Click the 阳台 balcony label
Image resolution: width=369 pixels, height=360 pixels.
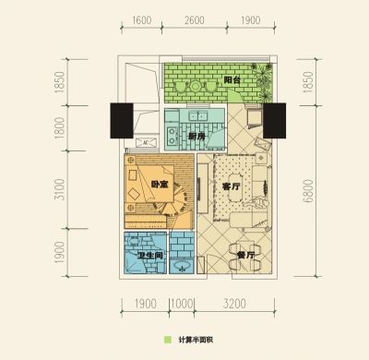(232, 80)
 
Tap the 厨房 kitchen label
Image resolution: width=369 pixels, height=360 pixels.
(196, 137)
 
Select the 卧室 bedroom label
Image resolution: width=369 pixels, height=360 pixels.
(160, 185)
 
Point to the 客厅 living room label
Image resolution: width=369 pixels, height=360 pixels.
(232, 186)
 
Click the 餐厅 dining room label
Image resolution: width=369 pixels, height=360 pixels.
(246, 255)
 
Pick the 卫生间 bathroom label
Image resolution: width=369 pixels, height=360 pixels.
(149, 255)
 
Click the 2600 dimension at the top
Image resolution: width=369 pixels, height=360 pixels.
(195, 20)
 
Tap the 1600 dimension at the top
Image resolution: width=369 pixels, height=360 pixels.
(142, 20)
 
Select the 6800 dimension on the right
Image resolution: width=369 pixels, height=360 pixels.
(308, 191)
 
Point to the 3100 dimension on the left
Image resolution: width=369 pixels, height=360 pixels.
(60, 189)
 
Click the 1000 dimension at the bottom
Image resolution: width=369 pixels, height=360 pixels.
(182, 304)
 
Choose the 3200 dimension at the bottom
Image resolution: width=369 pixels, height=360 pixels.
(234, 304)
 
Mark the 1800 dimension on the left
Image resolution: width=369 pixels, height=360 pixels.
(60, 128)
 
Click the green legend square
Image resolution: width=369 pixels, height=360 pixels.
(168, 340)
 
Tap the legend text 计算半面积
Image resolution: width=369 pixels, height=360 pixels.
(196, 340)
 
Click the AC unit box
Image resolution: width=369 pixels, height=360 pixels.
(146, 142)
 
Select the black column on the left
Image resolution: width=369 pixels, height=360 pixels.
(122, 121)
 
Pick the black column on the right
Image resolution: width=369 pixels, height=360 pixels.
(275, 121)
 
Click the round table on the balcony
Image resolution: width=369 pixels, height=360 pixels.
(196, 87)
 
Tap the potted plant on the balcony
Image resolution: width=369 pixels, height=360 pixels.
(263, 80)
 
